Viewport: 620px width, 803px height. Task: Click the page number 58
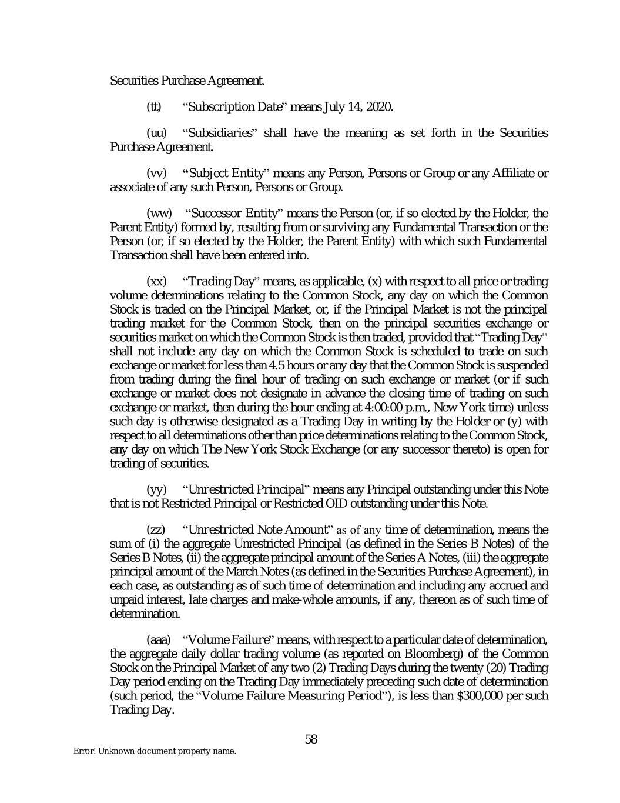pos(311,739)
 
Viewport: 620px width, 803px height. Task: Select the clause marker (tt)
pos(153,107)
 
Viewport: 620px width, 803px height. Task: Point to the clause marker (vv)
pos(156,173)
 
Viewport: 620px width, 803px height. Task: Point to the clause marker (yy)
pos(156,489)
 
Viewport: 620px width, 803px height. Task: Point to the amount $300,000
pos(481,696)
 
